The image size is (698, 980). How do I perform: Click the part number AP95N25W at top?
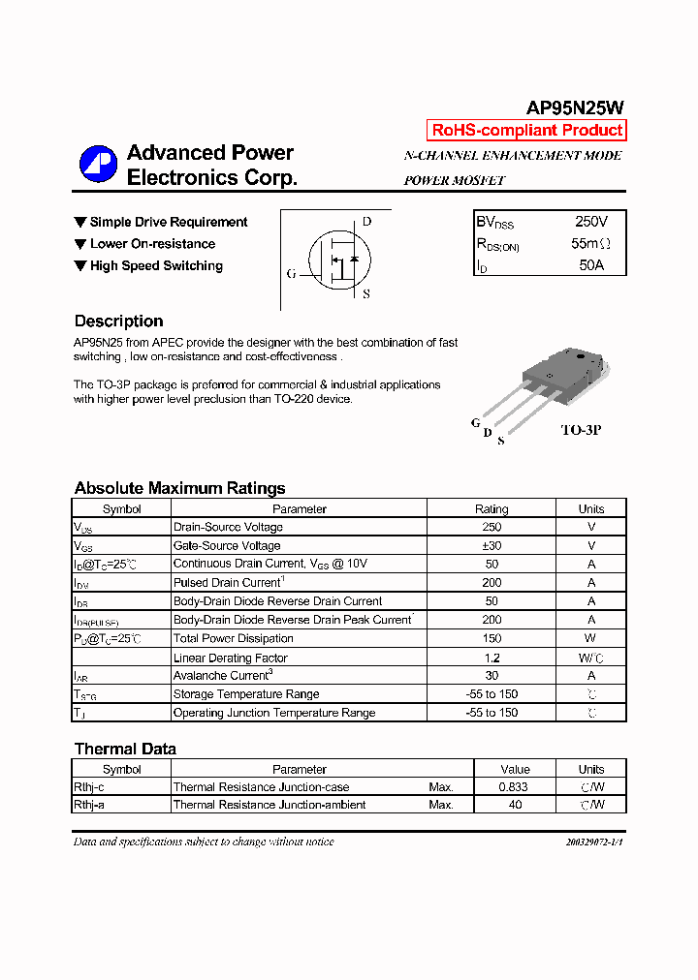(x=575, y=108)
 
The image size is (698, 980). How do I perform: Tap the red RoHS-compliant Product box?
(x=526, y=131)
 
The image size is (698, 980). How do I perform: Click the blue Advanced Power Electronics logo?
(x=98, y=164)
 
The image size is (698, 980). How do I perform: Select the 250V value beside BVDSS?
(x=590, y=222)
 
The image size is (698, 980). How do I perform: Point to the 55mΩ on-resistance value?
(x=590, y=243)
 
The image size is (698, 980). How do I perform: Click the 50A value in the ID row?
(x=590, y=264)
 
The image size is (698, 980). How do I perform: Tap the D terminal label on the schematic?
(x=366, y=221)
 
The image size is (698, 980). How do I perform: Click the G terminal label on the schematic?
(x=291, y=273)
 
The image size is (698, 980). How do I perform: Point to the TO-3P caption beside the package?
(x=581, y=429)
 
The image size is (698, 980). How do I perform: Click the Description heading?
(x=118, y=322)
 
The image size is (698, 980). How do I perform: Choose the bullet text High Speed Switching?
(x=156, y=265)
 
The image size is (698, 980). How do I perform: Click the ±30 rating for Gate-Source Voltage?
(x=491, y=546)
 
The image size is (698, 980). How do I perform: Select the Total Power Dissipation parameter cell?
(x=233, y=639)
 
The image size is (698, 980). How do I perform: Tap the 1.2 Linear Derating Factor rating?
(x=491, y=658)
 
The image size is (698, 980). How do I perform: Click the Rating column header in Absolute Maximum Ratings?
(x=491, y=509)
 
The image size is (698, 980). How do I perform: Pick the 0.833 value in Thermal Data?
(x=514, y=787)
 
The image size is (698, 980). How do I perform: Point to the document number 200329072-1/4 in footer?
(x=594, y=842)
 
